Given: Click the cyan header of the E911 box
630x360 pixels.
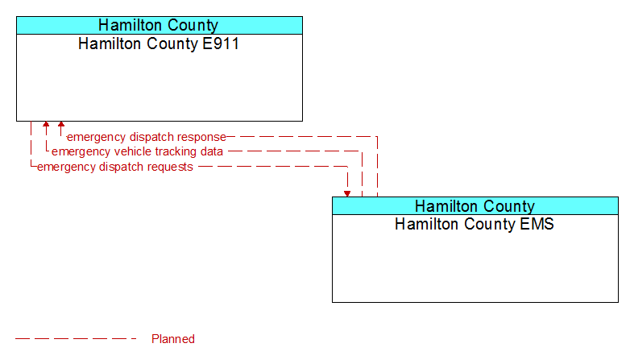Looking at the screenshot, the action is (159, 25).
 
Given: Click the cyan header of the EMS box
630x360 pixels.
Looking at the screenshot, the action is (475, 205).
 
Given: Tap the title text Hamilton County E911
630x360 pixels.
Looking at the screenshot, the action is (159, 43).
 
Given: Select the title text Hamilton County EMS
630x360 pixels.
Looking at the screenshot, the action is (475, 224).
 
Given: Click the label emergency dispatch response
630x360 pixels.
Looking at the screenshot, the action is (147, 138).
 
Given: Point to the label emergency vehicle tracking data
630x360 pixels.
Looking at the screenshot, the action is (137, 152).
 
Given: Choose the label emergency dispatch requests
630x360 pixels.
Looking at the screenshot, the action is (115, 168).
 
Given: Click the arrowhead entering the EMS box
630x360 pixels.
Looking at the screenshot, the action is (347, 194).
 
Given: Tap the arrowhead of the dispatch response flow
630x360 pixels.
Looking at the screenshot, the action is (61, 124).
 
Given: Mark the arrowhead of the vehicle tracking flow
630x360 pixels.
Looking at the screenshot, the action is (46, 124).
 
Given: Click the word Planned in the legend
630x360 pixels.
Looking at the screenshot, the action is (173, 339).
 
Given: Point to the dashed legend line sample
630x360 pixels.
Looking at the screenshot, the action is (76, 339).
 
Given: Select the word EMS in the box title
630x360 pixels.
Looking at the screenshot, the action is (537, 224).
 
